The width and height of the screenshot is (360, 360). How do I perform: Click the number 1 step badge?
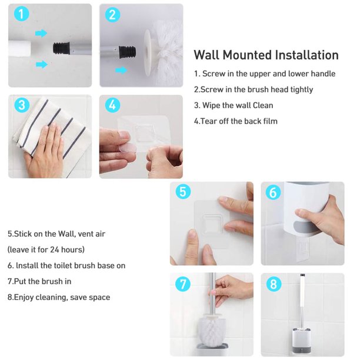click(x=21, y=14)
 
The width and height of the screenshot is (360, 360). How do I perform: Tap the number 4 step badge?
click(x=112, y=105)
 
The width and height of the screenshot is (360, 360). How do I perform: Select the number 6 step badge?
click(x=273, y=192)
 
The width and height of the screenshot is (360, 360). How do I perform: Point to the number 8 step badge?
click(x=274, y=284)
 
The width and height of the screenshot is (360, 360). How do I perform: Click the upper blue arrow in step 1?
click(x=41, y=34)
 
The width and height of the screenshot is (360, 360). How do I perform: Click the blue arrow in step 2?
click(x=121, y=70)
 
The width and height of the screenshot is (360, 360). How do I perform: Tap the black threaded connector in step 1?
click(x=61, y=48)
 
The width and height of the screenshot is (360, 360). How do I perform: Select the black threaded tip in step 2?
click(x=127, y=52)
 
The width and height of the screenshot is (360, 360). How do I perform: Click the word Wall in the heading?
click(x=206, y=55)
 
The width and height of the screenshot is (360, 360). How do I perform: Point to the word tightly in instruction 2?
click(x=302, y=89)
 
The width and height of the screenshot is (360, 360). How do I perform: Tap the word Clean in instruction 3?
click(x=263, y=105)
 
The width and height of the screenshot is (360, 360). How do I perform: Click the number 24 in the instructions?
click(x=55, y=249)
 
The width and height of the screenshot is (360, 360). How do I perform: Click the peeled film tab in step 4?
click(x=128, y=148)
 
